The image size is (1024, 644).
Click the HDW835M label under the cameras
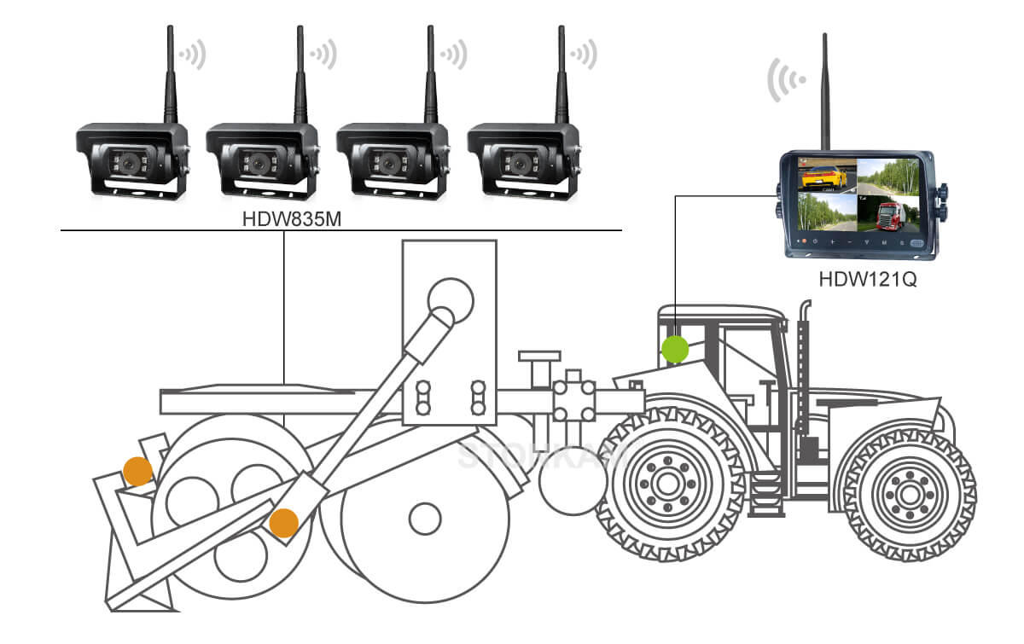(x=282, y=220)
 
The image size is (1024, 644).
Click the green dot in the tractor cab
(x=675, y=348)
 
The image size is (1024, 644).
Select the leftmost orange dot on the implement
(x=137, y=470)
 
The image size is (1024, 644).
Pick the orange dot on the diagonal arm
(x=283, y=522)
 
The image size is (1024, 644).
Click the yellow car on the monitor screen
(x=824, y=176)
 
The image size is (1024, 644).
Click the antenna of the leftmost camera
(x=170, y=73)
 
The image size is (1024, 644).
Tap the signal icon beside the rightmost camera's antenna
(x=585, y=56)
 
